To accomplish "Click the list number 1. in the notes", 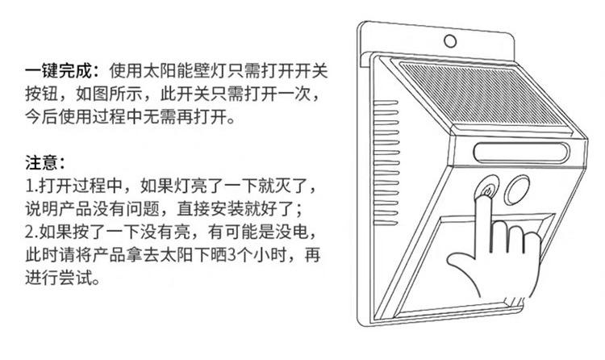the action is tap(31, 186).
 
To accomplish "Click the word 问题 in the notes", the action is tap(162, 209).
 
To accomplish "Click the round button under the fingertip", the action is tap(486, 192).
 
